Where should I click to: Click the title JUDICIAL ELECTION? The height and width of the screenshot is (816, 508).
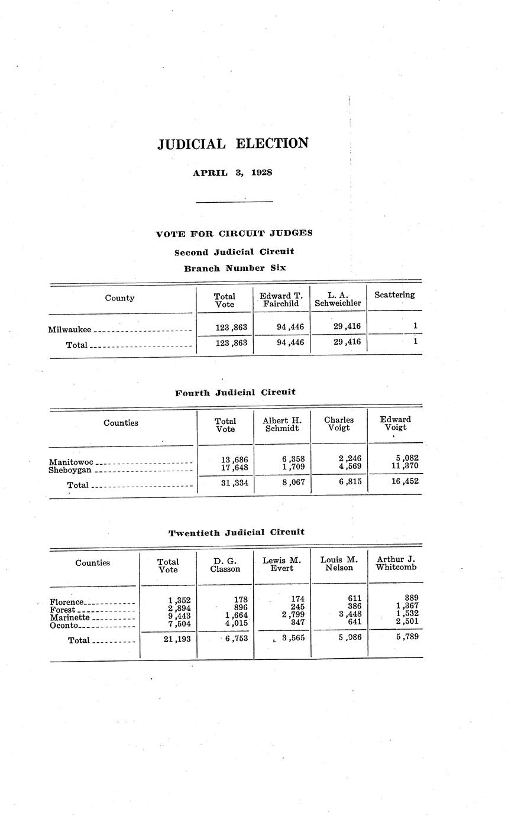click(232, 144)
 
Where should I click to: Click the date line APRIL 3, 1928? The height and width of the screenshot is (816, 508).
click(232, 173)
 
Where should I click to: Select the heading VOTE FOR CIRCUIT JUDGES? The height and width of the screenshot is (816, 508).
click(234, 234)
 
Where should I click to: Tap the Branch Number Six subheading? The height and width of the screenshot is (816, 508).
click(235, 268)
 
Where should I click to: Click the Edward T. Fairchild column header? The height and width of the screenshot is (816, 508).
click(281, 300)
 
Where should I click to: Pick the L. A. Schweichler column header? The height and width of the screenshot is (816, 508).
click(338, 300)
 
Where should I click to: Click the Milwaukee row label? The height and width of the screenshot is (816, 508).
click(70, 329)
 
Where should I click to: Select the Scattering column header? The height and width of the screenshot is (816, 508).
click(394, 294)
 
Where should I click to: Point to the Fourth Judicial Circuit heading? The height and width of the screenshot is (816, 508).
click(235, 392)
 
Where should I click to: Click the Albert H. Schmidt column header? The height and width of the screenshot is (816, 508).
click(281, 425)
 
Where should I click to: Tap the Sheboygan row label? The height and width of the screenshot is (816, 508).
click(70, 470)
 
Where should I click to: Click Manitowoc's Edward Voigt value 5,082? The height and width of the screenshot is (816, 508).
click(407, 458)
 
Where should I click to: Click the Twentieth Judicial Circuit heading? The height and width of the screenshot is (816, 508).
click(236, 532)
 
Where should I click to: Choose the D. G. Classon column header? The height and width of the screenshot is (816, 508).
click(225, 564)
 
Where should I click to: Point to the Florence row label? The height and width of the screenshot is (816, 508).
click(66, 602)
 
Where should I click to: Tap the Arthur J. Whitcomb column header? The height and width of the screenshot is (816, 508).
click(395, 563)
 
